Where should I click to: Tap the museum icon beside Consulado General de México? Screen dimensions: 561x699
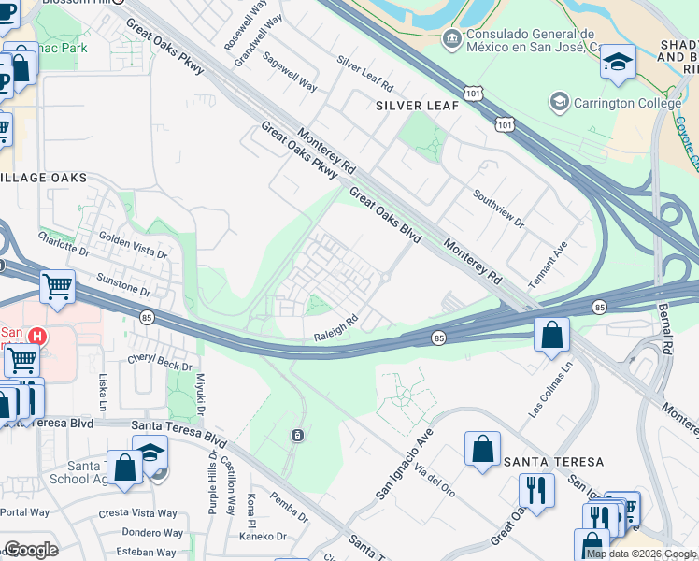click(451, 39)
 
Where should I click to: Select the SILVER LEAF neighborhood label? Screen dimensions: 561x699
click(417, 106)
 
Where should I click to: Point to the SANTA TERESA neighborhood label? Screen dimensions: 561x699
click(553, 462)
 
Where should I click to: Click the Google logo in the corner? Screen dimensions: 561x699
click(31, 550)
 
